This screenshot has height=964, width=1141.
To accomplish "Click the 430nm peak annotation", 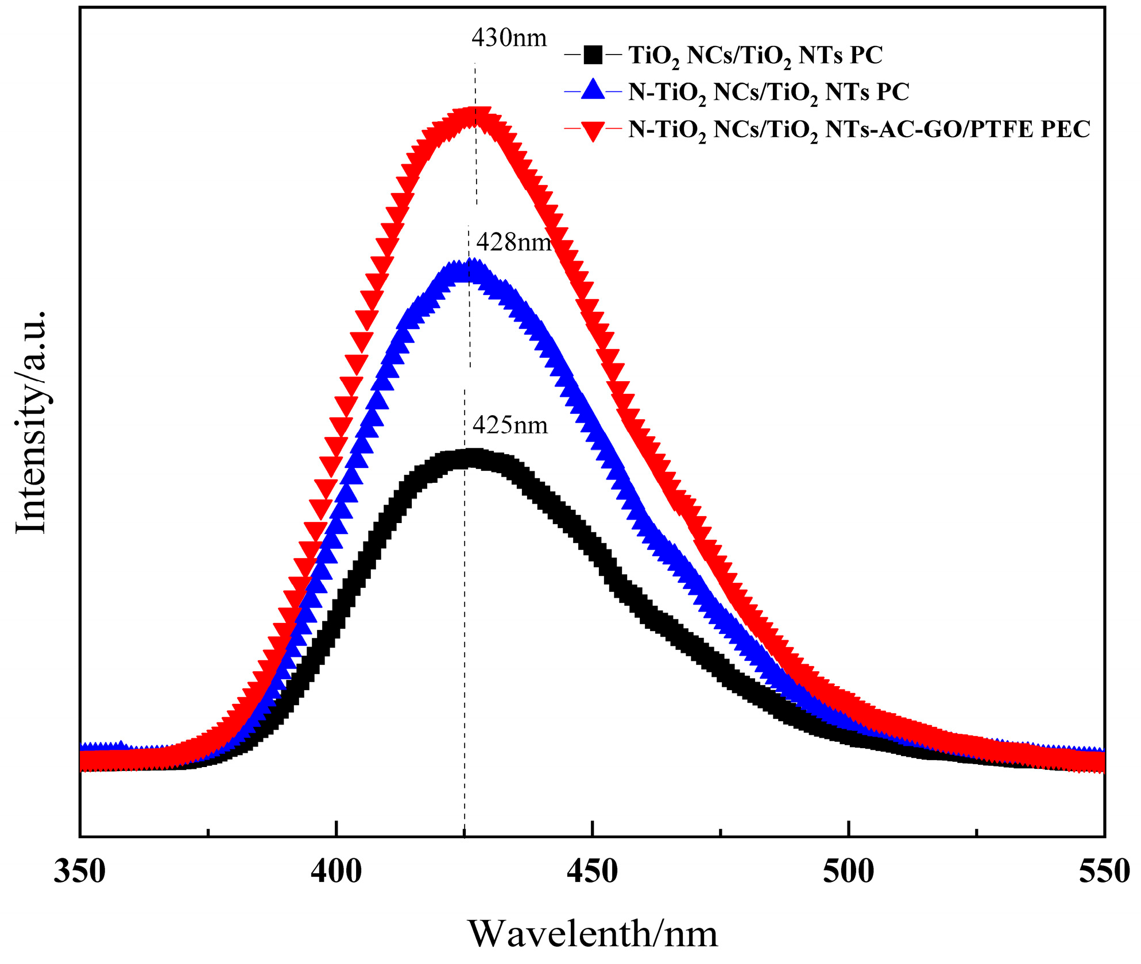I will tap(509, 38).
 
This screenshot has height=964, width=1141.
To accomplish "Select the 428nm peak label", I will tap(513, 242).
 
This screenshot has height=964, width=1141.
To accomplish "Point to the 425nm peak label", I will tap(510, 425).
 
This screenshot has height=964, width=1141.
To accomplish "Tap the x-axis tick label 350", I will tap(80, 872).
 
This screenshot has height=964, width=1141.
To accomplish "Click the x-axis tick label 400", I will tap(337, 872).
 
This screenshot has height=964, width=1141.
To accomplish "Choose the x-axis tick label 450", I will tap(592, 872).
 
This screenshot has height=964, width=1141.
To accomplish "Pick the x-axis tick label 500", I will tap(848, 872).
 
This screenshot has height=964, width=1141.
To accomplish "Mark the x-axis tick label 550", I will tap(1104, 872).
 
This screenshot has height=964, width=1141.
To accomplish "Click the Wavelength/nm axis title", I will tap(593, 934).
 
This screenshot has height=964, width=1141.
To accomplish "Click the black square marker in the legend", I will tap(593, 55).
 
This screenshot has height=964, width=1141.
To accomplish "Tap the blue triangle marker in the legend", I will tap(593, 91).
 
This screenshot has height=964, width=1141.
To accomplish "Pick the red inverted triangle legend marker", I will tap(593, 130).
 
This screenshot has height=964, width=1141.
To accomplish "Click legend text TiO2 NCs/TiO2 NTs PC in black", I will tap(755, 56).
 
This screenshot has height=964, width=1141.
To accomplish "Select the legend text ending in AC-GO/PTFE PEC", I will tap(858, 130).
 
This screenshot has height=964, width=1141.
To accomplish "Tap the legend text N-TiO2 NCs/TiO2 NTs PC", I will tap(768, 92).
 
